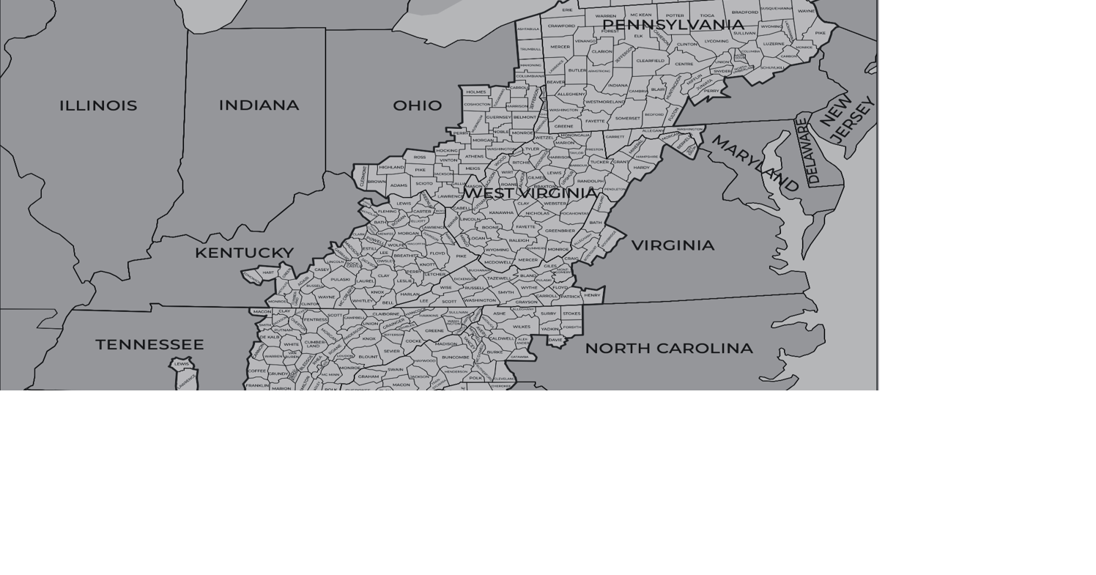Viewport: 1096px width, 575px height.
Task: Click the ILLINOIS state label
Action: [x=98, y=105]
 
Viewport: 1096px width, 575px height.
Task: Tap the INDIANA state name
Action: [x=259, y=105]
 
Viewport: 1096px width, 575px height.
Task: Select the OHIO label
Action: [x=418, y=105]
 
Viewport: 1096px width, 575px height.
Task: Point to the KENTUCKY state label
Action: [x=244, y=253]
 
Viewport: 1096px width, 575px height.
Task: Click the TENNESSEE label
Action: [x=149, y=344]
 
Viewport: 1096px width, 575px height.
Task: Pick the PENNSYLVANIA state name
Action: [x=673, y=25]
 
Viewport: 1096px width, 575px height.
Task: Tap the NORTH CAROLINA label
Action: [x=668, y=349]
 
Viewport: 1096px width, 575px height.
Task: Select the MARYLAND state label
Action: [x=755, y=163]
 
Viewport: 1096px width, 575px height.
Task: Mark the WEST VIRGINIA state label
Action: [x=530, y=193]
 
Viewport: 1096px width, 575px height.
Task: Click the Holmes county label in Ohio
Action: [x=475, y=92]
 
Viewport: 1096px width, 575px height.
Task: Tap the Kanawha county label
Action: [x=501, y=212]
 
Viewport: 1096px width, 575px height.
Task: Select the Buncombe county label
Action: [x=455, y=357]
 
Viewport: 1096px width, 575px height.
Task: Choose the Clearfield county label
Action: [x=650, y=61]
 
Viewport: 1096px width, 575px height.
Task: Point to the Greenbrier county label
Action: [x=560, y=231]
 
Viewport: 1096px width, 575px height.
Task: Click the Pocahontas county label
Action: [x=574, y=214]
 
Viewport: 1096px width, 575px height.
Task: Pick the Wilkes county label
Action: [x=521, y=327]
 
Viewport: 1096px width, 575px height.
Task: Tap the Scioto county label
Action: [x=424, y=183]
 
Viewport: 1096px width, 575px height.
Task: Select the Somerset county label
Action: [x=627, y=118]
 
